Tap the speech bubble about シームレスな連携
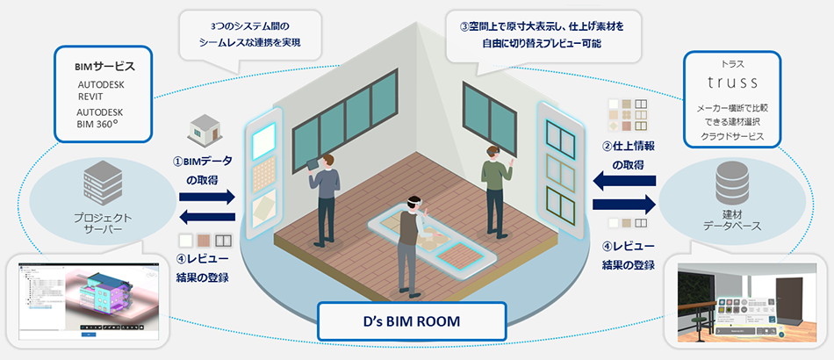[x=247, y=34]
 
